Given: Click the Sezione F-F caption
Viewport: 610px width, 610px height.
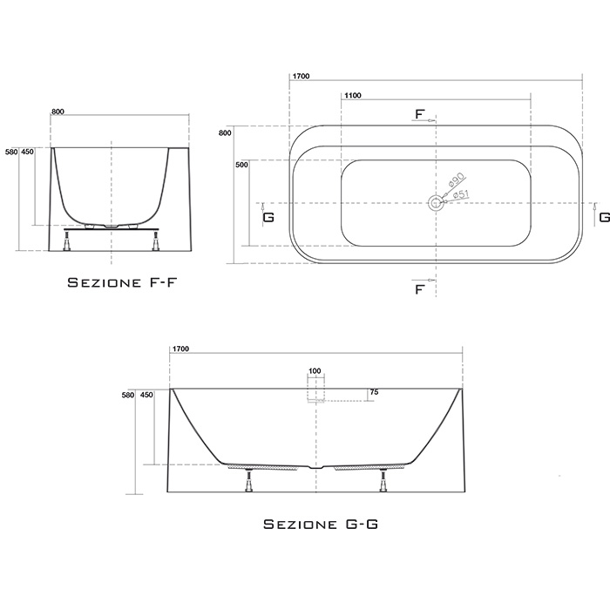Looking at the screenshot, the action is click(122, 282).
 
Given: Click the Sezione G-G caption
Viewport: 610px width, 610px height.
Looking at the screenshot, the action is click(321, 524).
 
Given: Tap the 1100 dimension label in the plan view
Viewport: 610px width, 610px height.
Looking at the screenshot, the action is click(352, 95).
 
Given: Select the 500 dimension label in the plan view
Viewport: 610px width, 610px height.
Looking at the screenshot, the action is click(241, 165).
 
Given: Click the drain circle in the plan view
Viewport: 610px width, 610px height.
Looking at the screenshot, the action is click(436, 203).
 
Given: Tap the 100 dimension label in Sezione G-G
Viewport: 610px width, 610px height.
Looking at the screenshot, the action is click(315, 370).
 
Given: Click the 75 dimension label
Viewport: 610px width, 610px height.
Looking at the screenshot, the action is click(374, 392).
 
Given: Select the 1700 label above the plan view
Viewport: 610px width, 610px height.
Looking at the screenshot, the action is click(301, 77).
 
